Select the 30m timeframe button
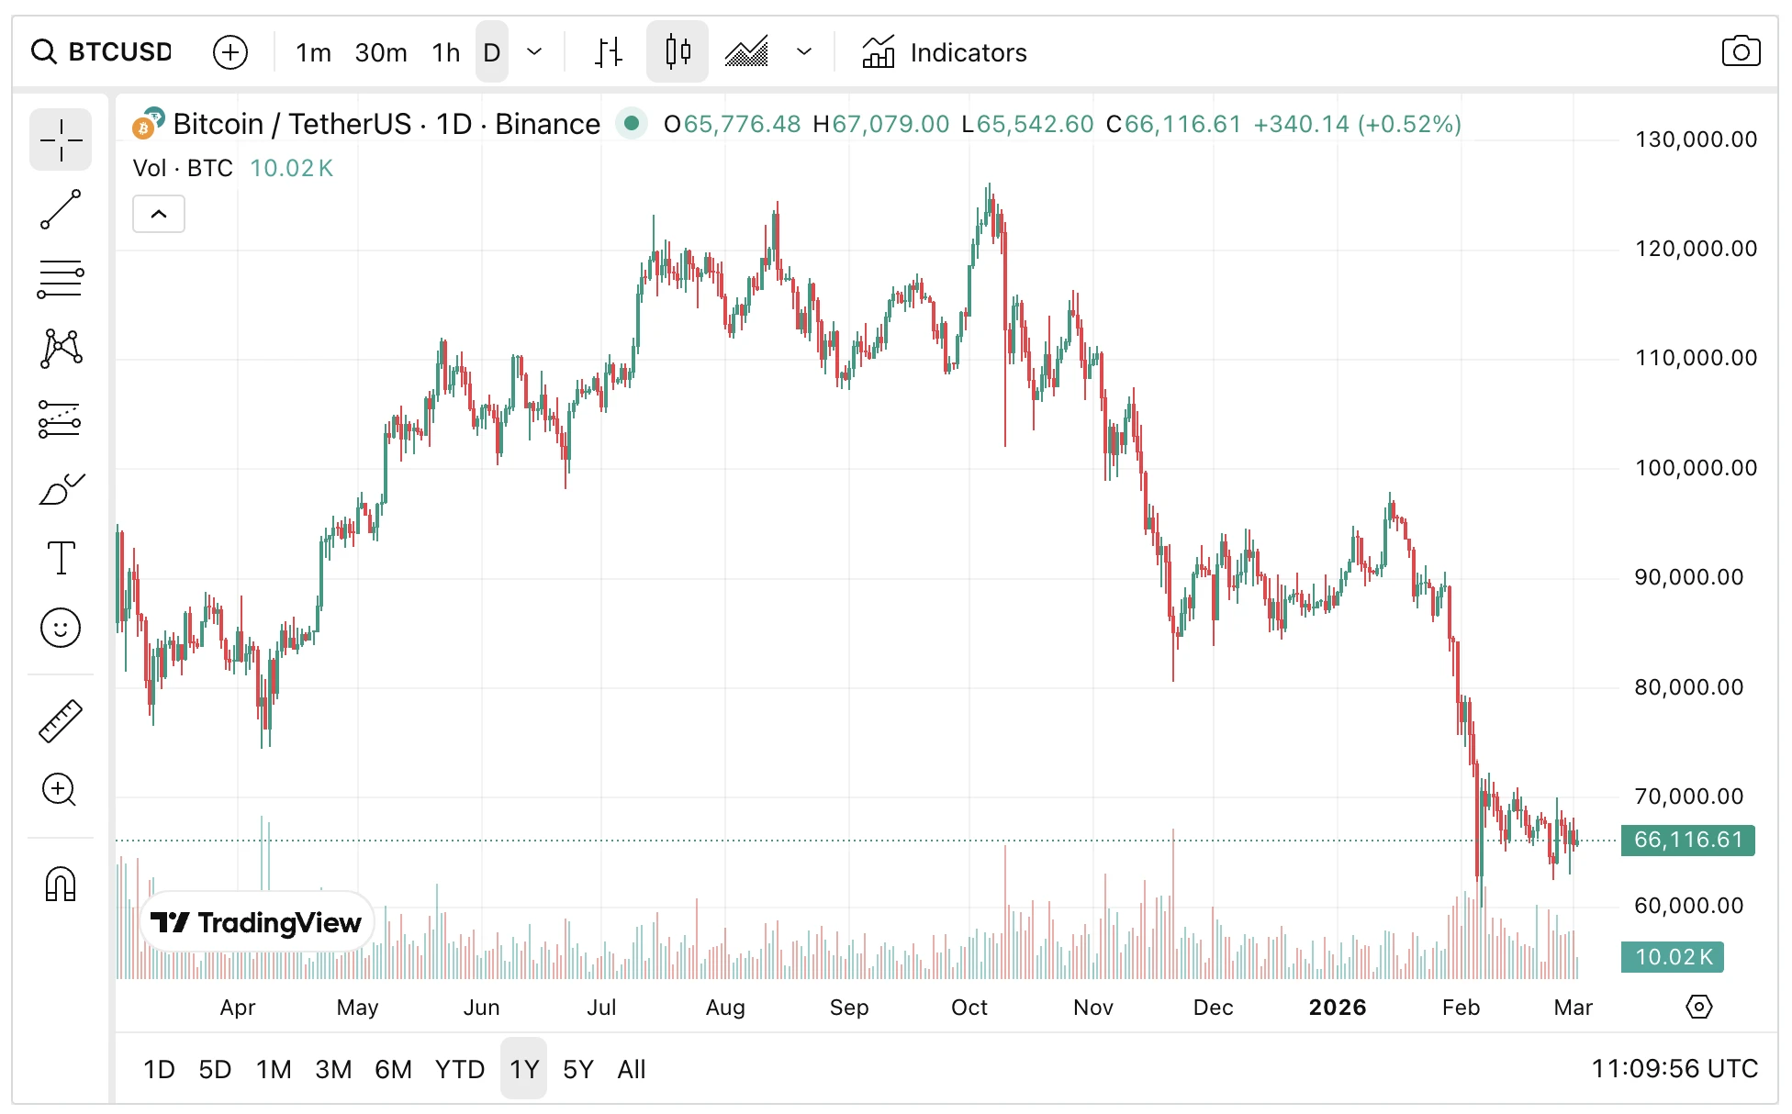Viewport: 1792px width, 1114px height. click(380, 52)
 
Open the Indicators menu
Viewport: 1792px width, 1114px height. click(945, 52)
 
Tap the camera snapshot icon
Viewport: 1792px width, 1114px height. click(1740, 51)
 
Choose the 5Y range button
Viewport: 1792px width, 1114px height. click(577, 1069)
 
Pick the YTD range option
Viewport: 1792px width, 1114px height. click(459, 1069)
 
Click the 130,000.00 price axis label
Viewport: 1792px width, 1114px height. click(1695, 139)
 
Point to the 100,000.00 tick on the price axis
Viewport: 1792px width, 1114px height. click(1695, 468)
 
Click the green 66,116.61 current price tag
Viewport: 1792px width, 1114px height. click(1687, 840)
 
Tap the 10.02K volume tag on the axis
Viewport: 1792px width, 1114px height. click(1673, 957)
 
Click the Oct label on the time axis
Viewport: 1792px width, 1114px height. click(969, 1008)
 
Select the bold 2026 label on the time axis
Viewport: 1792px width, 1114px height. click(1337, 1008)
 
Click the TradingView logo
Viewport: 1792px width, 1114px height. click(256, 922)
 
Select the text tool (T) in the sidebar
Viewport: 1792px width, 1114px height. click(61, 557)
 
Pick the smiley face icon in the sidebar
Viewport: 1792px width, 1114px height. click(61, 629)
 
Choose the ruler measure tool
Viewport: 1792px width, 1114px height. click(61, 720)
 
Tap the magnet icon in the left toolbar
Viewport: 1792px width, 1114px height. click(61, 885)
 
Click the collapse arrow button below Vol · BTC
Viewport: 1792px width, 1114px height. click(159, 214)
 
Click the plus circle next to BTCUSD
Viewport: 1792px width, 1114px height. click(230, 52)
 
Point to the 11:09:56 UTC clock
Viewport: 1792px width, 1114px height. click(1674, 1069)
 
